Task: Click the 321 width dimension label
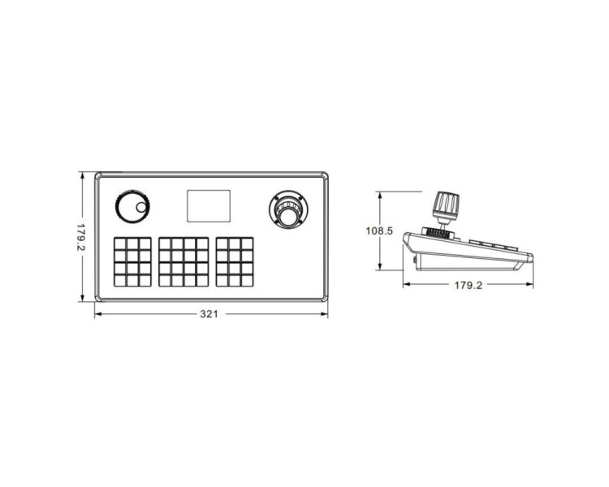click(209, 314)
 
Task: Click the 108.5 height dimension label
click(379, 231)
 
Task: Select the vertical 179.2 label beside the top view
click(80, 237)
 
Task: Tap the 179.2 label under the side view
click(469, 286)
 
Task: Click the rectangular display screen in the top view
click(209, 206)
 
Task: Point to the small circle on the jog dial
click(141, 208)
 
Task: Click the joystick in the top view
click(288, 209)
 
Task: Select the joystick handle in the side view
click(447, 205)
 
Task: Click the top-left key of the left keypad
click(120, 243)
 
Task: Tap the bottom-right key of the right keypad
click(247, 280)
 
